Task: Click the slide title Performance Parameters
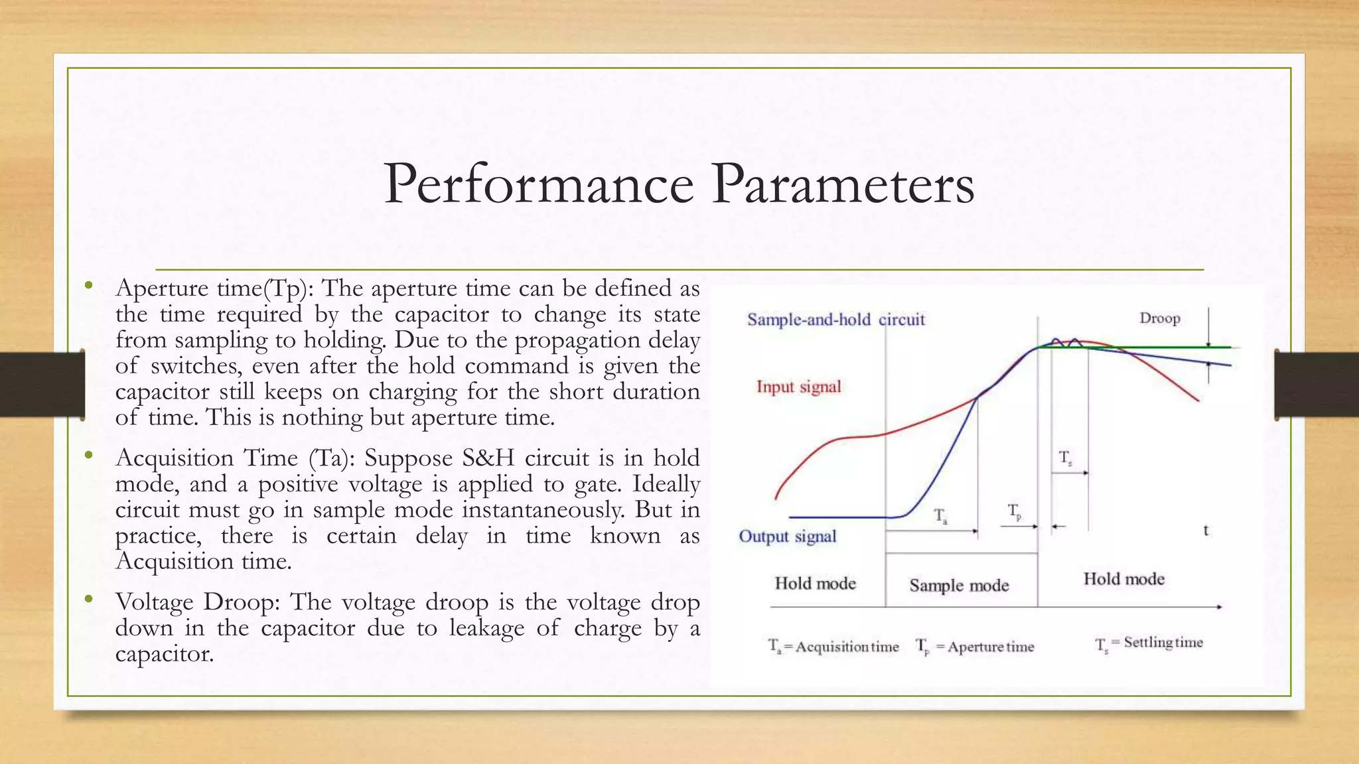(679, 184)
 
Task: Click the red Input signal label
(798, 387)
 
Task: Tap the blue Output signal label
(788, 537)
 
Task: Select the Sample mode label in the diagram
(959, 586)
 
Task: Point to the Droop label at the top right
(1160, 318)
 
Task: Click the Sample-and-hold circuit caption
(835, 320)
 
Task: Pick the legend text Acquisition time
(847, 647)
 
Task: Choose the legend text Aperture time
(990, 647)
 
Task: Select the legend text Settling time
(1163, 643)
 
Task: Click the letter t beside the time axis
(1206, 531)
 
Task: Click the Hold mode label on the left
(815, 584)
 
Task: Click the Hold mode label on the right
(1123, 580)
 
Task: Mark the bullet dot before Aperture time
(88, 286)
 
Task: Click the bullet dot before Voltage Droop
(88, 600)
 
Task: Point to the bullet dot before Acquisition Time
(88, 456)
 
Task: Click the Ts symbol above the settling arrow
(1065, 458)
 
